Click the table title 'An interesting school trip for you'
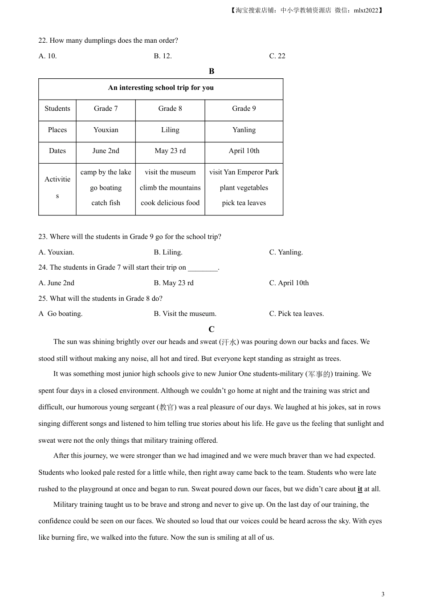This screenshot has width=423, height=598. pos(161,88)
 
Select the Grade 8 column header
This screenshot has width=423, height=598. pos(170,109)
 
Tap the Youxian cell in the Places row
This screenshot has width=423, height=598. pos(106,130)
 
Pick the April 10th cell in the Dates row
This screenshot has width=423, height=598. pos(244,151)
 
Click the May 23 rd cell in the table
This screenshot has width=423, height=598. pos(170,151)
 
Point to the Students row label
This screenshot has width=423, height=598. pos(57,109)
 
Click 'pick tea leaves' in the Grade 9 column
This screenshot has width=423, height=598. pos(244,203)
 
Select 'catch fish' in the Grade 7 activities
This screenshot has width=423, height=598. pos(106,203)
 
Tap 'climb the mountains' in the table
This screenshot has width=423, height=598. pos(170,188)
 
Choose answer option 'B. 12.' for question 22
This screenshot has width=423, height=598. pos(163,56)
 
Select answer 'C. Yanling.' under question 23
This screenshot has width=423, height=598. pos(286,252)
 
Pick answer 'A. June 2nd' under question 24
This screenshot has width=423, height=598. pos(57,283)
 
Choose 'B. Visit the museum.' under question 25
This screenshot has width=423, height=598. pos(185,314)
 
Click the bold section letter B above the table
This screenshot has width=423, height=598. pos(211,71)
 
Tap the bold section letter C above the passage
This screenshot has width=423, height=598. pos(211,329)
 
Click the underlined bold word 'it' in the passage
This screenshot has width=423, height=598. pos(360,489)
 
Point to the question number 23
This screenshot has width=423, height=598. pos(43,237)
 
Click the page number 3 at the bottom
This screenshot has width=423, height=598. pos(383,594)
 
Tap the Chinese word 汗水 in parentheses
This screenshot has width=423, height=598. pos(228,342)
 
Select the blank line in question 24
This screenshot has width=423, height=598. pos(203,268)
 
